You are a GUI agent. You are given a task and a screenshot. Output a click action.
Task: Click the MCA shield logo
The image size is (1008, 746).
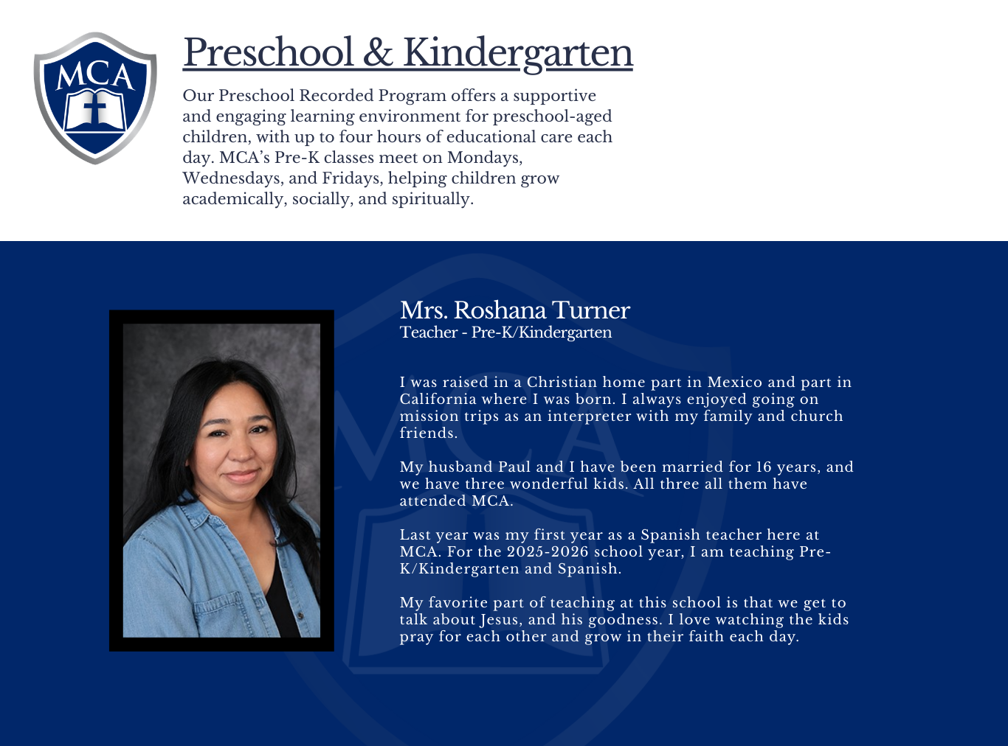coord(95,97)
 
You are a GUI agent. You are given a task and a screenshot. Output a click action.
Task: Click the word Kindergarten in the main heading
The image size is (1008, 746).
coord(517,53)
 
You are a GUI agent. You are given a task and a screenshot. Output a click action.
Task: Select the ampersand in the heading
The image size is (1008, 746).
coord(378,53)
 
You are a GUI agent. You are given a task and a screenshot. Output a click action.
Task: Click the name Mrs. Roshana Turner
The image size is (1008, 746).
coord(514,310)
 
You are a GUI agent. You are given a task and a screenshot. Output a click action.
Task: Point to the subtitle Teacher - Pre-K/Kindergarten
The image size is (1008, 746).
coord(505,332)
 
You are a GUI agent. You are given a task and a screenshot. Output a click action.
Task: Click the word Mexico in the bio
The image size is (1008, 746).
coord(734,382)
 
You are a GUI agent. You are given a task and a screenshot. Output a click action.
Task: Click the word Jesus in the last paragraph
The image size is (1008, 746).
coord(500,620)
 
